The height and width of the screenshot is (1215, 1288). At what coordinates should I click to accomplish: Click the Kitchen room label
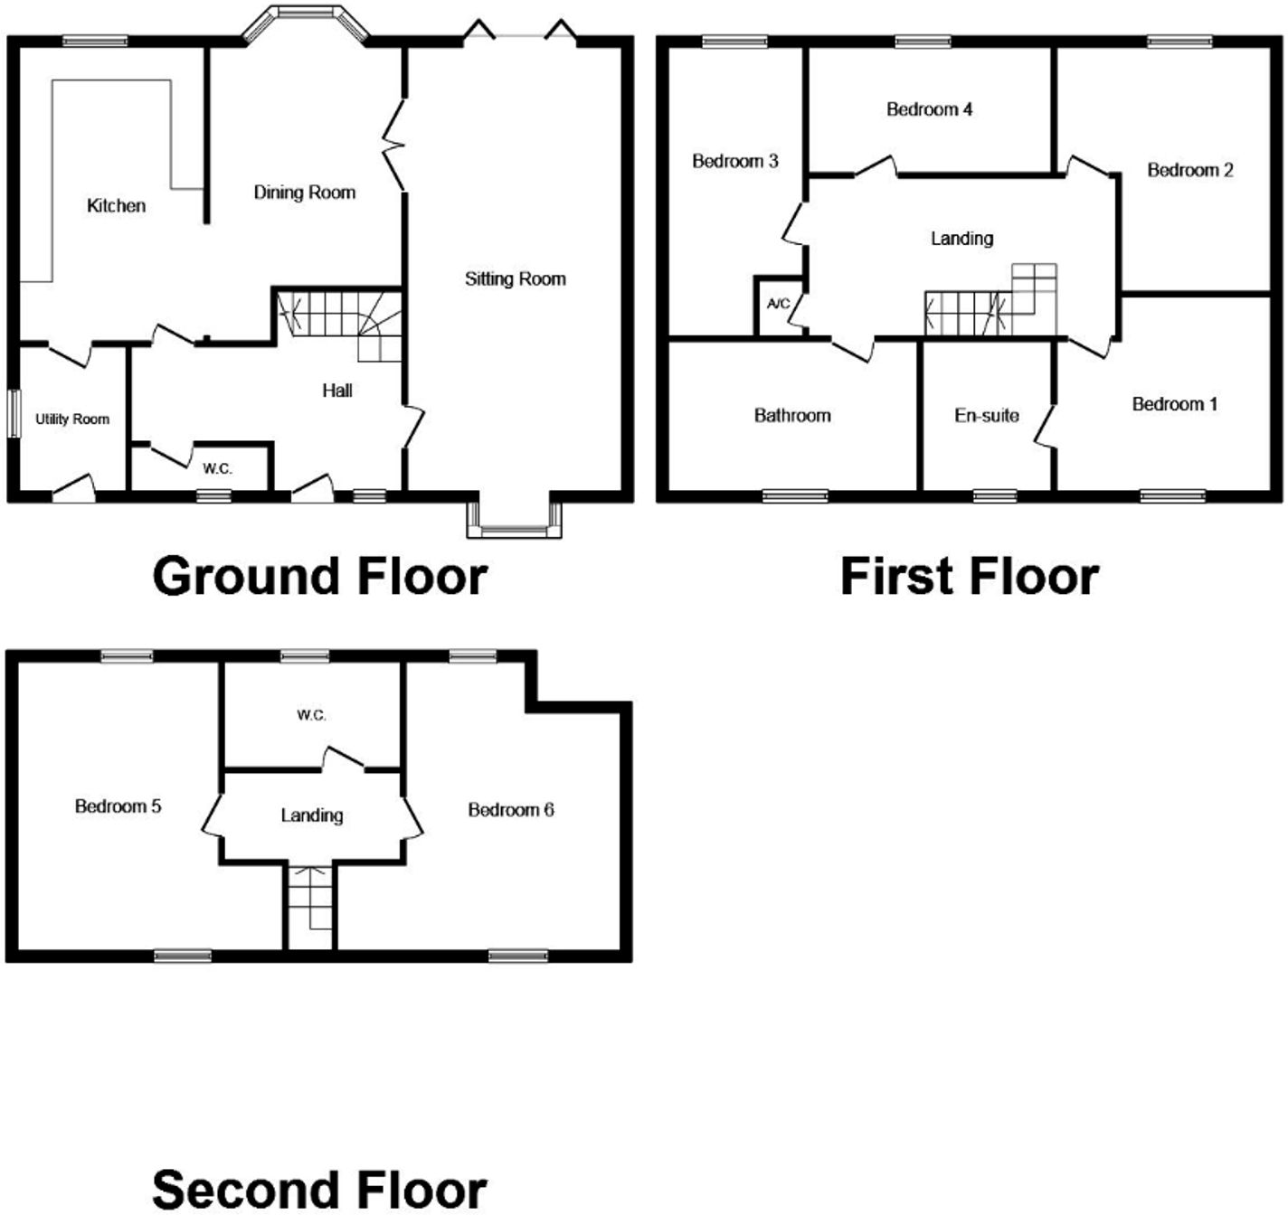[116, 206]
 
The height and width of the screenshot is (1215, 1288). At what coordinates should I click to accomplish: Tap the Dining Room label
[304, 193]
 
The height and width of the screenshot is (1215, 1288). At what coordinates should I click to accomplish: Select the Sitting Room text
[515, 279]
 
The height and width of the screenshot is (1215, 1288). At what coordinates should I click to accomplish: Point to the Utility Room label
[72, 419]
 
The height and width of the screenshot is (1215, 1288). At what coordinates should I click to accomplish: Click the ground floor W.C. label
[217, 468]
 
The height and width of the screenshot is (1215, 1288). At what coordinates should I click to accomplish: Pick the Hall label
[337, 391]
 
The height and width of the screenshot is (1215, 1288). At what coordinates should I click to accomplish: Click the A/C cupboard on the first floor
[777, 305]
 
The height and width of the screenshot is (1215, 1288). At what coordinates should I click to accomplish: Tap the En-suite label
[986, 416]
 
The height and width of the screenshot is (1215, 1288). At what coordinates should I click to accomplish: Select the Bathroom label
[792, 416]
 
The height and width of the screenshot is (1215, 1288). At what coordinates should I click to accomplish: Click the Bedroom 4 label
[929, 109]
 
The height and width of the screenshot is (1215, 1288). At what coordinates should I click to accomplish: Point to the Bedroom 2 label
[1189, 170]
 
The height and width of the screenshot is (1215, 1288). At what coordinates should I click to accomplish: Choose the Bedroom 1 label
[1174, 404]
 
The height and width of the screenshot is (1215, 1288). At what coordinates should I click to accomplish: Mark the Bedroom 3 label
[734, 162]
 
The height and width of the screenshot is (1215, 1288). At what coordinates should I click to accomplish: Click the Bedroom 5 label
[118, 806]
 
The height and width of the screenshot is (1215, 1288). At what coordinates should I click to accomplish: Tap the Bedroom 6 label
[510, 810]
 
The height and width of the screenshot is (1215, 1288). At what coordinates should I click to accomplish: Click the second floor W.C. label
[311, 715]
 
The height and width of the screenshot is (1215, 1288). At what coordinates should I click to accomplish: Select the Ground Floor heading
[319, 576]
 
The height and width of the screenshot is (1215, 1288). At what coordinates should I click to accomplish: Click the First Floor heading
[969, 576]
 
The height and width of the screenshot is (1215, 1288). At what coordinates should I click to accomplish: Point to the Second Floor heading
[319, 1189]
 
